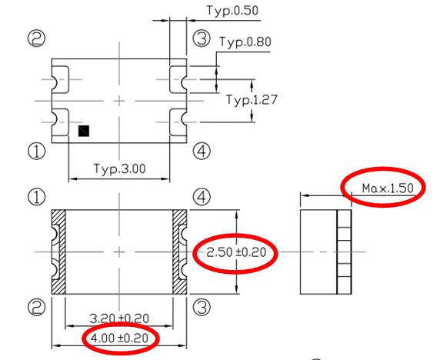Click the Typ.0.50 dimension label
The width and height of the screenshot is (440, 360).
[x=232, y=11]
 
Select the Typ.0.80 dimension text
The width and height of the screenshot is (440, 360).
[x=245, y=42]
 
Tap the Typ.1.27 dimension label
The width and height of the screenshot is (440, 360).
[x=252, y=100]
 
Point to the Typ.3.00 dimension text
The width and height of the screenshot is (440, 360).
[x=120, y=168]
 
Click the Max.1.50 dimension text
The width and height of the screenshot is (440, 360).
[x=388, y=188]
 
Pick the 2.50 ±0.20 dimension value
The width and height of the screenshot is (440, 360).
[x=236, y=252]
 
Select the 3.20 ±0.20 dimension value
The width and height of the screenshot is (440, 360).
[x=119, y=318]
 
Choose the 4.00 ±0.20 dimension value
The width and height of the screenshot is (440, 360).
[x=119, y=338]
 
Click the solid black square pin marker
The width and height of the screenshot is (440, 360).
[x=84, y=131]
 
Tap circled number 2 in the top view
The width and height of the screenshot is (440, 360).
[x=36, y=38]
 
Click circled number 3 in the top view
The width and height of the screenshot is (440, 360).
[x=202, y=38]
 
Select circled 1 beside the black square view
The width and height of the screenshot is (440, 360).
[x=36, y=151]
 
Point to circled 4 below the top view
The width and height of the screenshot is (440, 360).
[x=202, y=152]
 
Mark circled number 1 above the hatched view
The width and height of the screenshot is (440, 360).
[x=36, y=197]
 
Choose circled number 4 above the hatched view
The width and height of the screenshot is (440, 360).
[x=202, y=197]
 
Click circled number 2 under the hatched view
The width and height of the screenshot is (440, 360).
[x=36, y=307]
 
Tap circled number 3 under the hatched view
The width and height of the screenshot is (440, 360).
[x=202, y=307]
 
